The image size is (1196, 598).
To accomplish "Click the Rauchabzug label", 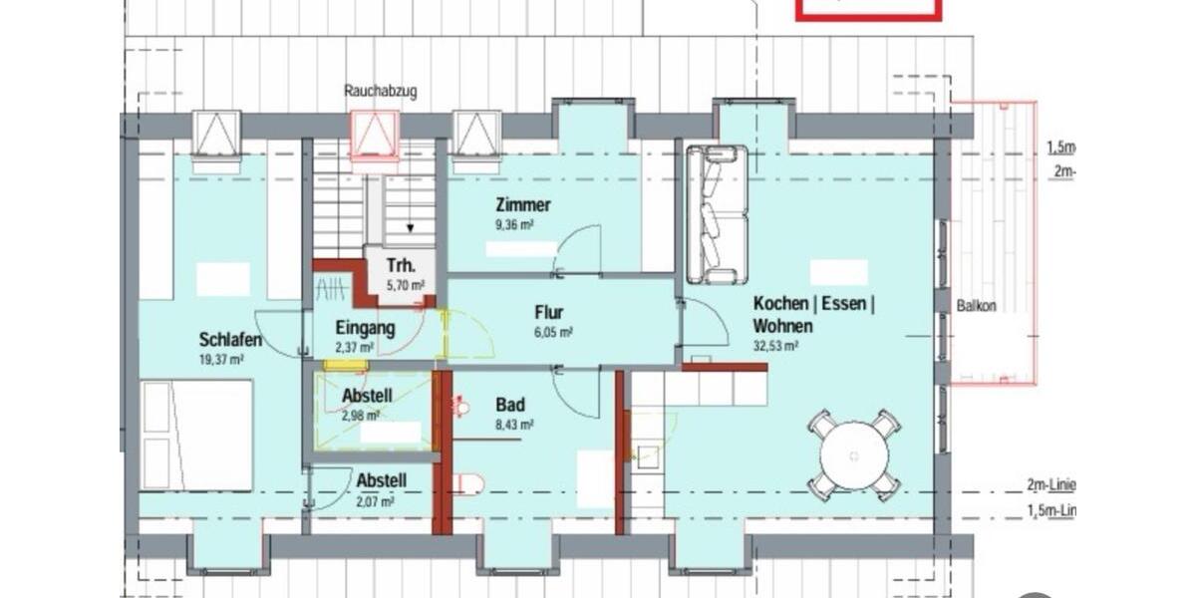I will point(381,91).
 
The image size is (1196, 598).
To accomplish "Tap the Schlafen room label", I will point(230,340).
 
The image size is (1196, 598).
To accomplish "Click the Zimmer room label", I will point(523,205).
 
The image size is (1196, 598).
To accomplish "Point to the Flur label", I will point(550,311).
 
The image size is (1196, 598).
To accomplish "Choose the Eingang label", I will point(365,327).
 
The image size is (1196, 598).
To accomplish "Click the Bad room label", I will point(510,405).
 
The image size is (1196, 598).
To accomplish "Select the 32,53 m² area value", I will point(776,346).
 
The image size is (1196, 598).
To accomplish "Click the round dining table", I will point(854,455).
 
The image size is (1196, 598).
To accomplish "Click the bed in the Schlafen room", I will point(196,435).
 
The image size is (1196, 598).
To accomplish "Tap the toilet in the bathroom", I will point(466,484).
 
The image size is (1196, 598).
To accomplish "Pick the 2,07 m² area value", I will point(376,501).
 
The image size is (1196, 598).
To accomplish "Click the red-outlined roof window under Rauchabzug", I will point(375,134).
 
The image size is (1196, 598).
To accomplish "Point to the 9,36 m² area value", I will point(514,225).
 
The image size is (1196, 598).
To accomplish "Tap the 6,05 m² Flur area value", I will point(553,332).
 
